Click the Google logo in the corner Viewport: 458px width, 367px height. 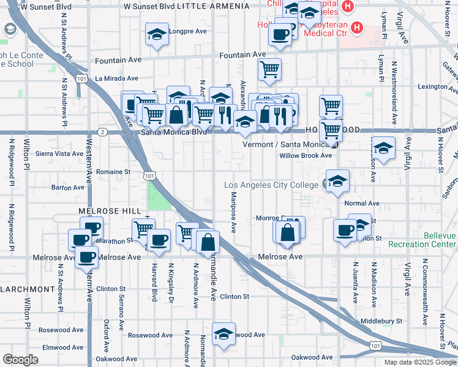point(20,360)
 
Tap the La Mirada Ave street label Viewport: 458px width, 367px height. point(116,78)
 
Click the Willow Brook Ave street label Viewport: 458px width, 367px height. point(305,155)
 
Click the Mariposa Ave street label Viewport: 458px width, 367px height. point(233,212)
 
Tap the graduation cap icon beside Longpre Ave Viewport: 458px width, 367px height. point(157,34)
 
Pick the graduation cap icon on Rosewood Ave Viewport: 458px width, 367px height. point(224,334)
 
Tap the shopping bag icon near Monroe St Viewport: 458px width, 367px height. point(287,232)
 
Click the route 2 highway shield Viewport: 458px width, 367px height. point(102,132)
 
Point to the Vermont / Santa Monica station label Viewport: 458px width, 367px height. point(287,144)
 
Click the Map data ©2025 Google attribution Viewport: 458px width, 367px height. point(419,362)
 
